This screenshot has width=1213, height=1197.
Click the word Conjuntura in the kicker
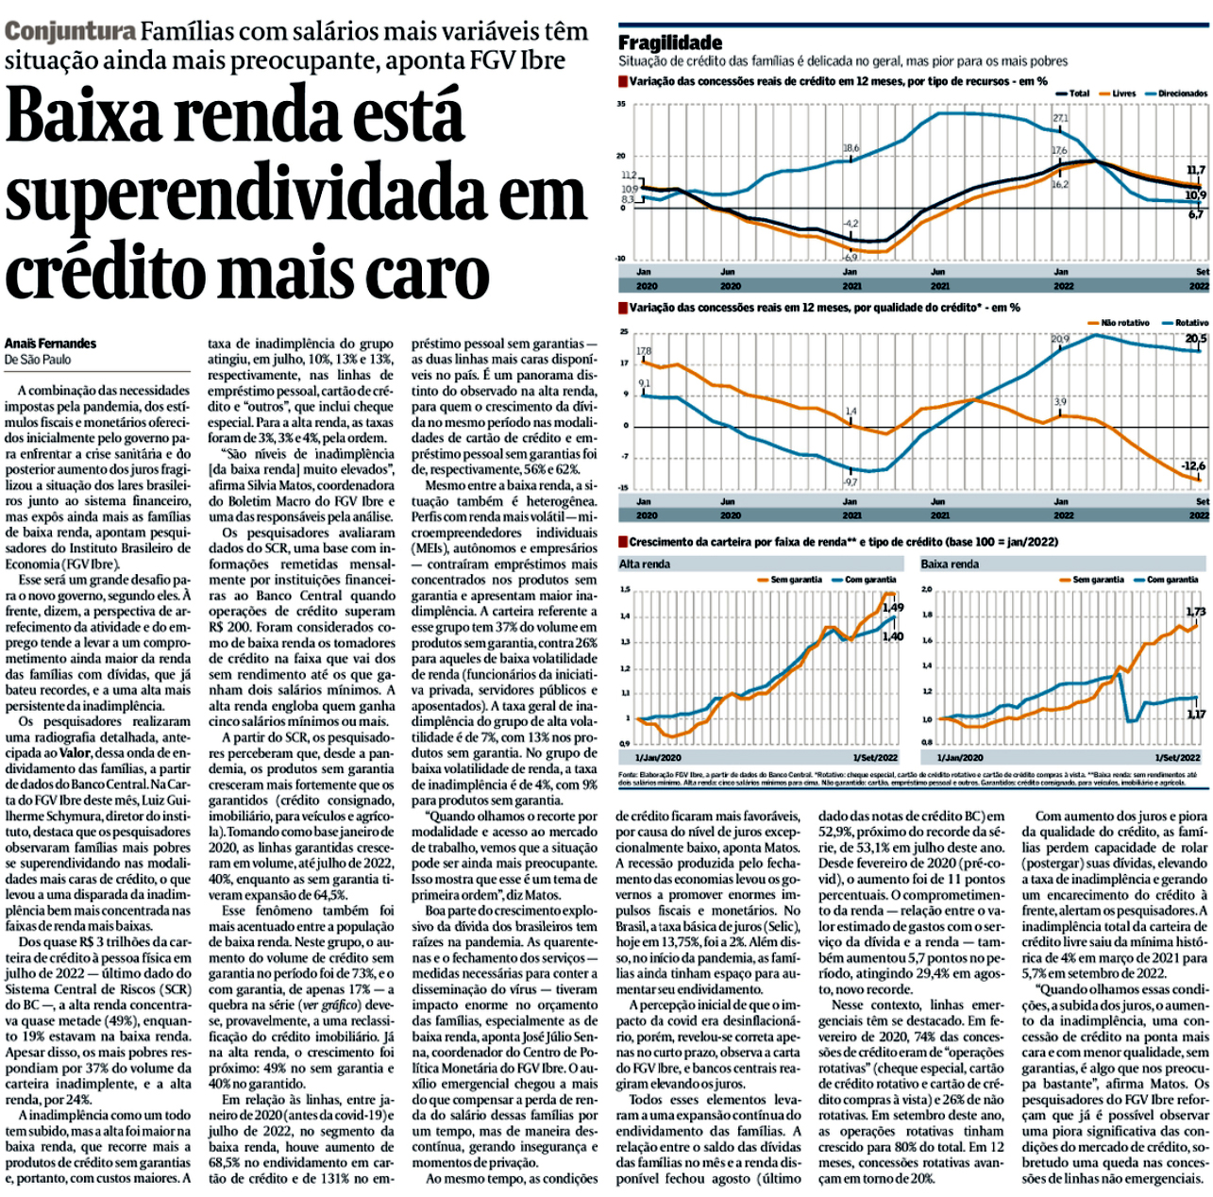pyautogui.click(x=70, y=31)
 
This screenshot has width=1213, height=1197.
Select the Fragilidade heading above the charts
pyautogui.click(x=669, y=42)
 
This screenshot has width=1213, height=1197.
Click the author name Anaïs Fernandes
pyautogui.click(x=50, y=344)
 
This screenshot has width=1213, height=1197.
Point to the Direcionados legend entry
pyautogui.click(x=1181, y=93)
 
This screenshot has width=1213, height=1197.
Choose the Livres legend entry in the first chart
pyautogui.click(x=1122, y=93)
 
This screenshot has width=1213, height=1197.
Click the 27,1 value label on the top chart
pyautogui.click(x=1060, y=119)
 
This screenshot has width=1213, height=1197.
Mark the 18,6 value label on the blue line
pyautogui.click(x=851, y=148)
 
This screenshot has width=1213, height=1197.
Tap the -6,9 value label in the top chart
pyautogui.click(x=850, y=257)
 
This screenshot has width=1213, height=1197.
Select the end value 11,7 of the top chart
pyautogui.click(x=1195, y=171)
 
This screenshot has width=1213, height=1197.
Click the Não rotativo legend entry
pyautogui.click(x=1124, y=323)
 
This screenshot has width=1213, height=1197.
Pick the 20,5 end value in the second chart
pyautogui.click(x=1195, y=338)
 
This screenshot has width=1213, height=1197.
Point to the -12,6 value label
pyautogui.click(x=1193, y=465)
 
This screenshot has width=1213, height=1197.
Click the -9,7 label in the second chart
pyautogui.click(x=850, y=481)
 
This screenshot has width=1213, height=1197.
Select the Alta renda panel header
pyautogui.click(x=644, y=564)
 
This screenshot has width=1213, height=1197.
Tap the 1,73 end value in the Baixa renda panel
pyautogui.click(x=1195, y=612)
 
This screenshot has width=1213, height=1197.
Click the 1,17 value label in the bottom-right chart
pyautogui.click(x=1195, y=714)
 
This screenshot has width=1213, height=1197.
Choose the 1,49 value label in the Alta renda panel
pyautogui.click(x=892, y=607)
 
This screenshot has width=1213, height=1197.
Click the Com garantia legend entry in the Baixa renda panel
pyautogui.click(x=1172, y=580)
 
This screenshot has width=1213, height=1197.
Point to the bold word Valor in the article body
pyautogui.click(x=75, y=753)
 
